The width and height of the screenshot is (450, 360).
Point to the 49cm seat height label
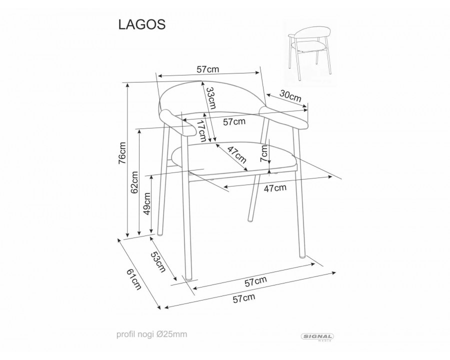pyautogui.click(x=146, y=203)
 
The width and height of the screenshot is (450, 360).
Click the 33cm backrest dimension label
pyautogui.click(x=210, y=98)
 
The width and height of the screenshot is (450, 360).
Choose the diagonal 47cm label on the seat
pyautogui.click(x=236, y=154)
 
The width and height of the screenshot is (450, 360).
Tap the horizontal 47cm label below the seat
pyautogui.click(x=275, y=188)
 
